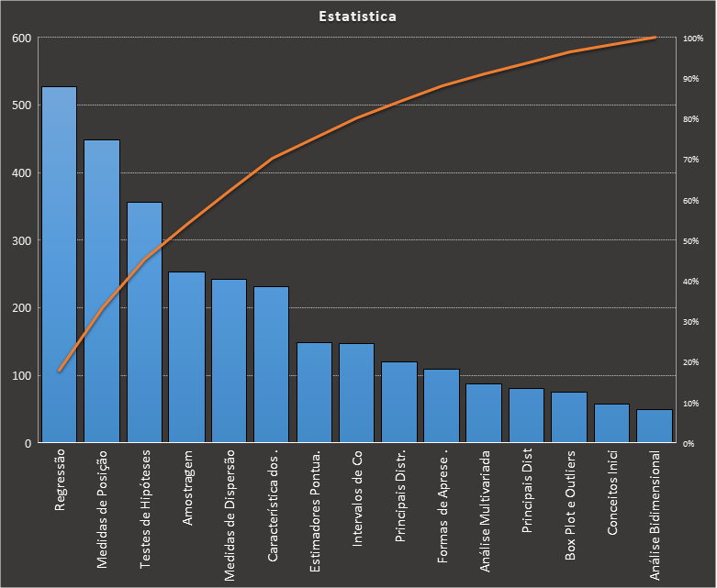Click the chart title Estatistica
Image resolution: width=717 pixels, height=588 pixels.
358,17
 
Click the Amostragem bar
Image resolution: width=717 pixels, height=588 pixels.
186,358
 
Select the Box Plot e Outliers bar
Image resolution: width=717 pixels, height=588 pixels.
569,417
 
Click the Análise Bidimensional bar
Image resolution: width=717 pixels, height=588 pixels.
655,427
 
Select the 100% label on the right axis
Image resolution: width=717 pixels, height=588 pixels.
693,39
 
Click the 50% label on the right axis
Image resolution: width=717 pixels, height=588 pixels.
691,241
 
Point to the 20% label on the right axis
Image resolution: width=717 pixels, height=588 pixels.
691,362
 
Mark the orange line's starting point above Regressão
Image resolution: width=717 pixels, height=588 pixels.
60,371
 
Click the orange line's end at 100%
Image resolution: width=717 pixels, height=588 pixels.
655,38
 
